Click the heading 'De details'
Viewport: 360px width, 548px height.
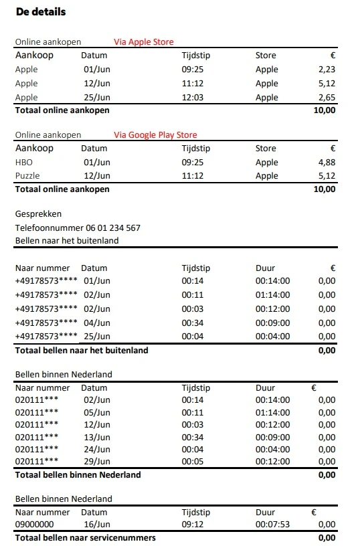(x=40, y=12)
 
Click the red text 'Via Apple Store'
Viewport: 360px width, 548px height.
(x=144, y=42)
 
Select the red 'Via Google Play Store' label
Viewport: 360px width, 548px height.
(x=155, y=135)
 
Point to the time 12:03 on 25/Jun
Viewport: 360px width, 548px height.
(x=193, y=98)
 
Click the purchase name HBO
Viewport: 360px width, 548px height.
(x=23, y=162)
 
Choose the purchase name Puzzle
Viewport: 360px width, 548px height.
(x=27, y=176)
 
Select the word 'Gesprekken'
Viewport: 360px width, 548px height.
(x=38, y=214)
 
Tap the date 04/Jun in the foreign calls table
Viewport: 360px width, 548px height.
(x=96, y=323)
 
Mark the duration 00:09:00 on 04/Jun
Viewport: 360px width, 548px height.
(x=272, y=323)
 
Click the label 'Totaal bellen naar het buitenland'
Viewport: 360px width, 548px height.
(x=82, y=350)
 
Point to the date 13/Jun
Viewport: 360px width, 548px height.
(x=96, y=437)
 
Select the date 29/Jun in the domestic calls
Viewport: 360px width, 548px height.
(x=96, y=462)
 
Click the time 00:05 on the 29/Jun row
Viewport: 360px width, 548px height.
(x=193, y=462)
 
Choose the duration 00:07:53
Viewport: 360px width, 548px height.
(x=272, y=524)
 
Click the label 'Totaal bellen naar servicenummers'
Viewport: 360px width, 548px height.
(x=86, y=538)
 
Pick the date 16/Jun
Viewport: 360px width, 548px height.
(x=96, y=524)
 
